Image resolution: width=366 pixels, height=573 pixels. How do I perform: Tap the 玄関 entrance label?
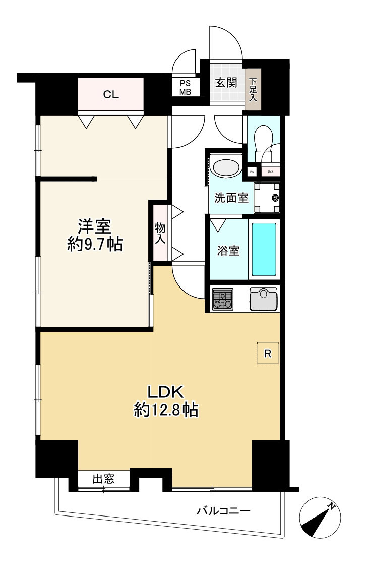(226, 83)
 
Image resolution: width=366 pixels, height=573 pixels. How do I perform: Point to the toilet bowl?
(263, 139)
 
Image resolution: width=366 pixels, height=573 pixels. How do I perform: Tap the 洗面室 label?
(231, 198)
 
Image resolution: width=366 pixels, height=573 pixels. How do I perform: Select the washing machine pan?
(267, 197)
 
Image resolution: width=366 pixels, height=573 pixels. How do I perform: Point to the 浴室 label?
(228, 251)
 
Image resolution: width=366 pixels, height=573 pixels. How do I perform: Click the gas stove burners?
(222, 299)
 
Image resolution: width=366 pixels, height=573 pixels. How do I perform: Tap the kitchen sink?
(264, 299)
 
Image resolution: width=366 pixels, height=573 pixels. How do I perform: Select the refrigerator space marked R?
(268, 354)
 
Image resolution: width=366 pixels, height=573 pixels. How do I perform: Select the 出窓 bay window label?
(103, 479)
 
